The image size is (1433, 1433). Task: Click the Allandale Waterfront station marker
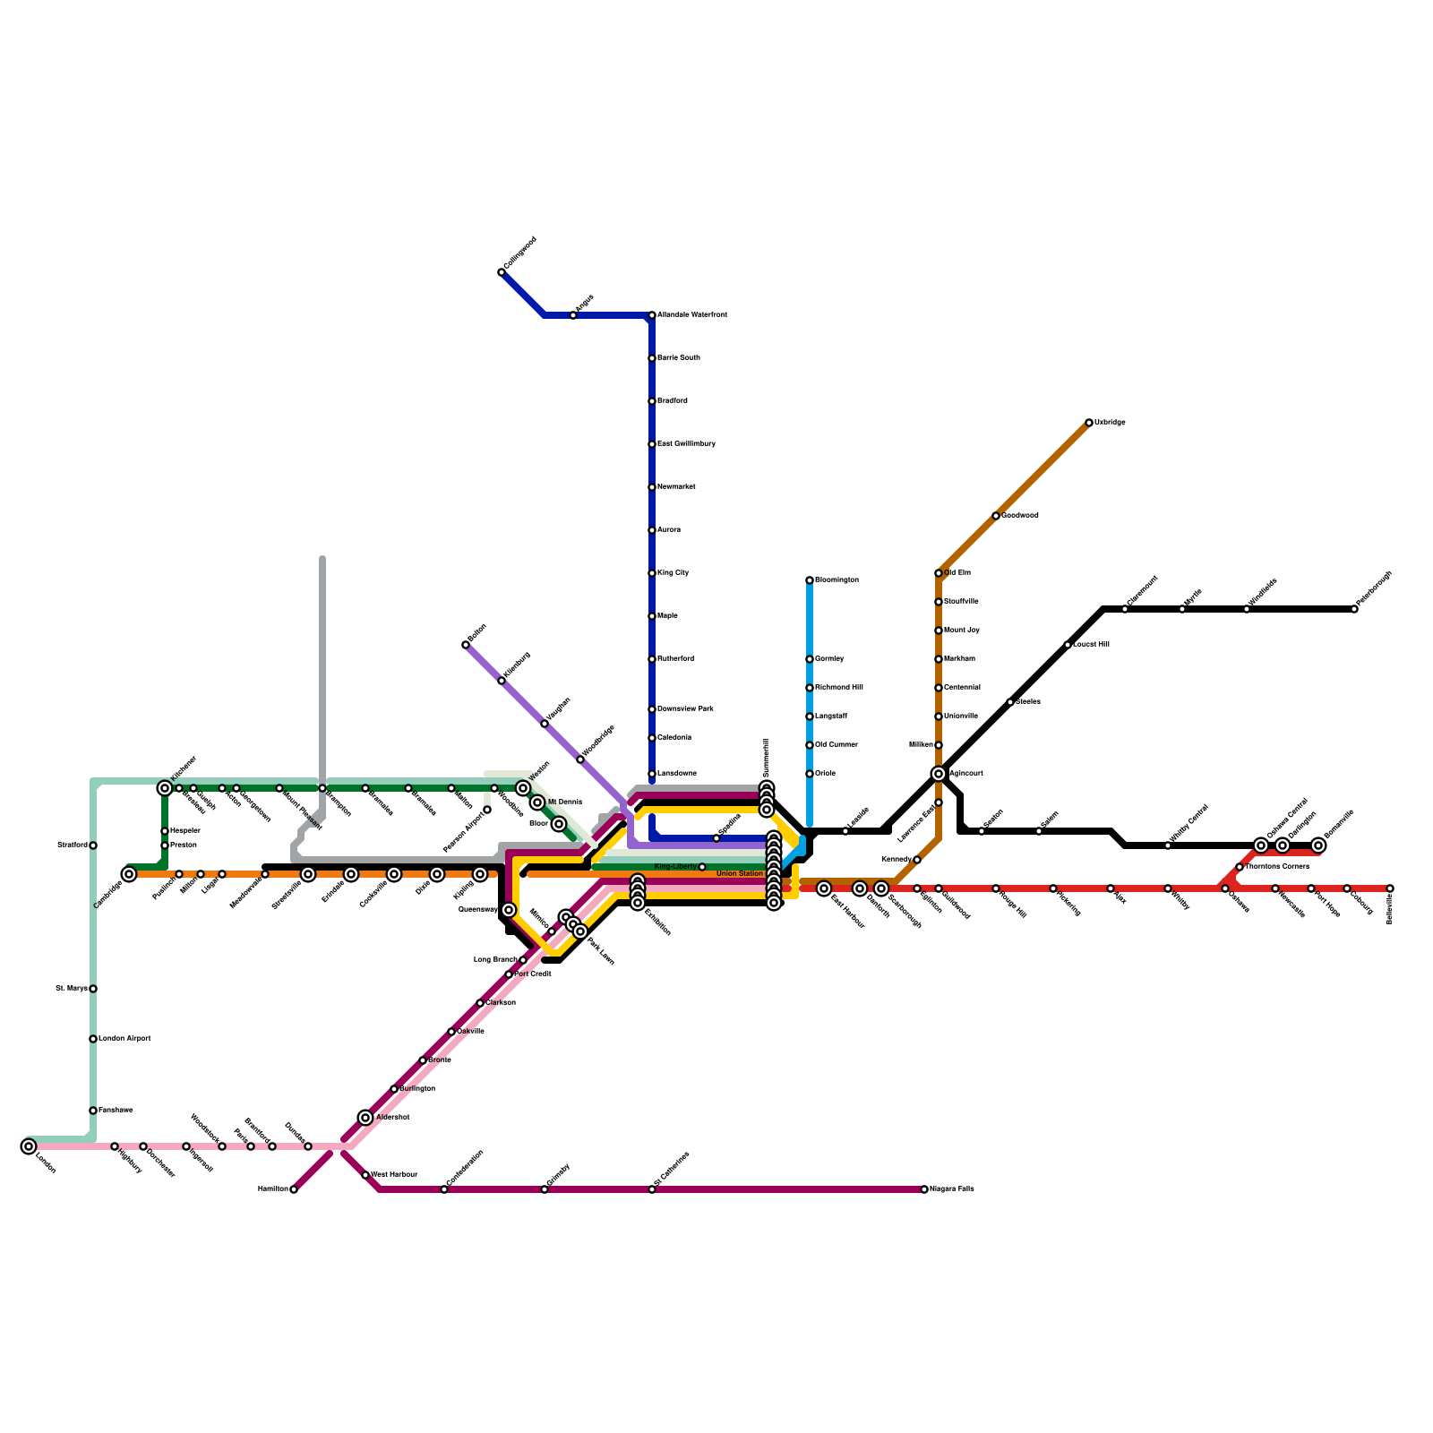point(652,315)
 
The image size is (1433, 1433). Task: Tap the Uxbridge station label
point(1110,423)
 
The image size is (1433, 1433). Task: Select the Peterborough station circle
point(1354,609)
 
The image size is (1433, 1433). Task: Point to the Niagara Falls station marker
point(924,1189)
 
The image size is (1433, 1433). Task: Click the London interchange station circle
point(29,1146)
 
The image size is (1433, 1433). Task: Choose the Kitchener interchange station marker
point(165,788)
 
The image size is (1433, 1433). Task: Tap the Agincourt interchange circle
point(939,774)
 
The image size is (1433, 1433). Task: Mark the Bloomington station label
point(837,580)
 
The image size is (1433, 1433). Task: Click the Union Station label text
point(740,873)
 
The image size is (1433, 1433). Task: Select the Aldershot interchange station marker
point(365,1118)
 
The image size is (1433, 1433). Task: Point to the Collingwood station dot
point(502,272)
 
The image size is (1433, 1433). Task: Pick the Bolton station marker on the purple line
point(466,645)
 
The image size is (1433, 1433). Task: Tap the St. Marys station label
point(72,989)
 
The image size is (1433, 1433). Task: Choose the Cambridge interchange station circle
point(129,874)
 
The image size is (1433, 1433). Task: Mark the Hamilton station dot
point(294,1189)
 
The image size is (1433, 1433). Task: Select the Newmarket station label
point(676,487)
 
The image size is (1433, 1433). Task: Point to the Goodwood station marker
point(996,516)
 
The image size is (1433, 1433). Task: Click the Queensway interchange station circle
point(509,910)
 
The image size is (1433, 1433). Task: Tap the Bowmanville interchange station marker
point(1318,845)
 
